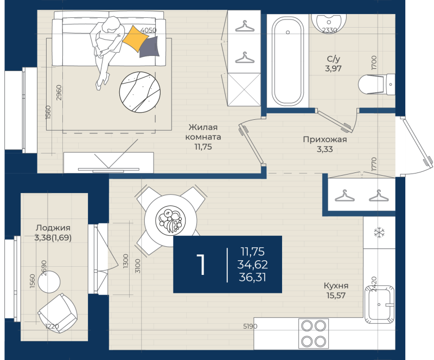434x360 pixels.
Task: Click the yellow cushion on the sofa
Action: tap(134, 37)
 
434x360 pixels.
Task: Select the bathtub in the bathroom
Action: tap(288, 61)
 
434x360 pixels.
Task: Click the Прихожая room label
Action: tap(324, 139)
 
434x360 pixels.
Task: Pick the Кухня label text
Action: tap(335, 286)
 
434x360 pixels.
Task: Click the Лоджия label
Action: tap(53, 228)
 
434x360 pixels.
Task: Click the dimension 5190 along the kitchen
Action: tap(250, 326)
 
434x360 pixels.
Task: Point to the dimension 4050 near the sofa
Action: tap(148, 30)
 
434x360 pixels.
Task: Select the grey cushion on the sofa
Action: tap(150, 48)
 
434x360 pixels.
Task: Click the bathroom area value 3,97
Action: tap(333, 68)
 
